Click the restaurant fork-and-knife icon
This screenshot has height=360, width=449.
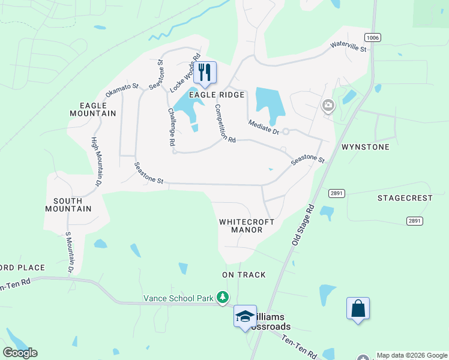(205, 72)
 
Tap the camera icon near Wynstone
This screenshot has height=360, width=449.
(328, 106)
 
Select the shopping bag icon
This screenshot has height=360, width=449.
(358, 309)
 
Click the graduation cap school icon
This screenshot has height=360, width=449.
(244, 316)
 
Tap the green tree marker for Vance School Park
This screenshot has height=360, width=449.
(223, 298)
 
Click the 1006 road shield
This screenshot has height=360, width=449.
(372, 37)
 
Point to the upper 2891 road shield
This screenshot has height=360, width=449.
(336, 193)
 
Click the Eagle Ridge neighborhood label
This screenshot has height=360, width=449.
(217, 95)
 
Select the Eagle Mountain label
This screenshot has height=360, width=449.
(92, 109)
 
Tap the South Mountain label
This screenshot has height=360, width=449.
(68, 205)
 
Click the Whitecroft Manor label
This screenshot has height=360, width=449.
(247, 226)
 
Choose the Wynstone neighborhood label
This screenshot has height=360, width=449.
(365, 147)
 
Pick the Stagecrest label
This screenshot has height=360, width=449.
(405, 198)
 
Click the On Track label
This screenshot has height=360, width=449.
(244, 275)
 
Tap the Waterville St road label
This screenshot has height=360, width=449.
(348, 46)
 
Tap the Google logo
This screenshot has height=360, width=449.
(20, 353)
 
